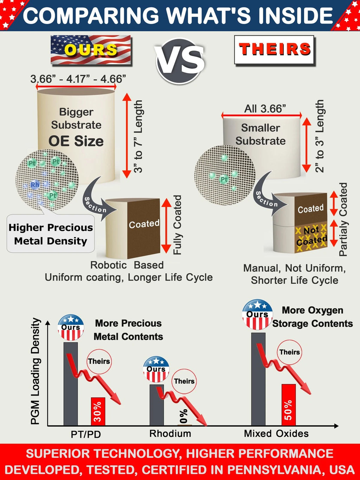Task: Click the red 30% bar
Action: coord(98,411)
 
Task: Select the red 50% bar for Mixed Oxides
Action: coord(289,405)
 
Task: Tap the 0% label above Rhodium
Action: coord(184,416)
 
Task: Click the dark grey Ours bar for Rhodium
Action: coord(157,405)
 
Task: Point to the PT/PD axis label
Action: coord(86,434)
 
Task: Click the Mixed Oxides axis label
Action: coord(276,434)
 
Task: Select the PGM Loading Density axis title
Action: coord(36,371)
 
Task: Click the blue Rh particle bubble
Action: coord(35,185)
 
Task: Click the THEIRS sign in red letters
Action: coord(275,50)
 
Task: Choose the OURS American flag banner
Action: coord(91,50)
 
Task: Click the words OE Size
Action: coord(76,141)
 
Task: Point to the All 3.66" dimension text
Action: coord(265,109)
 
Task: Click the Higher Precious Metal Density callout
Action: coord(51,234)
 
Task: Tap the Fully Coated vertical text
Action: coord(177,225)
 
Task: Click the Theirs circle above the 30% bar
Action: coord(99,361)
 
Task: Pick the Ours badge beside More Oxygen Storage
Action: coord(258,314)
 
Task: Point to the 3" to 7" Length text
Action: coord(138,137)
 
